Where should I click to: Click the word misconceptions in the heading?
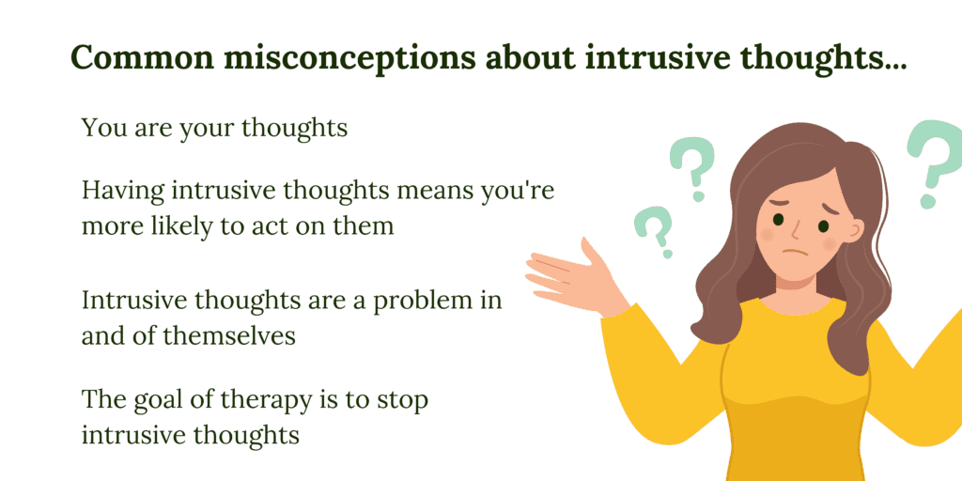(353, 59)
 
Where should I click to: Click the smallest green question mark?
(654, 231)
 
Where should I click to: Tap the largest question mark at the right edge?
(936, 162)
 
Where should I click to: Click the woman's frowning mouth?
(796, 253)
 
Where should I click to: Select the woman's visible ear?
(853, 229)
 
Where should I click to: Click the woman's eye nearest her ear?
(823, 225)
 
